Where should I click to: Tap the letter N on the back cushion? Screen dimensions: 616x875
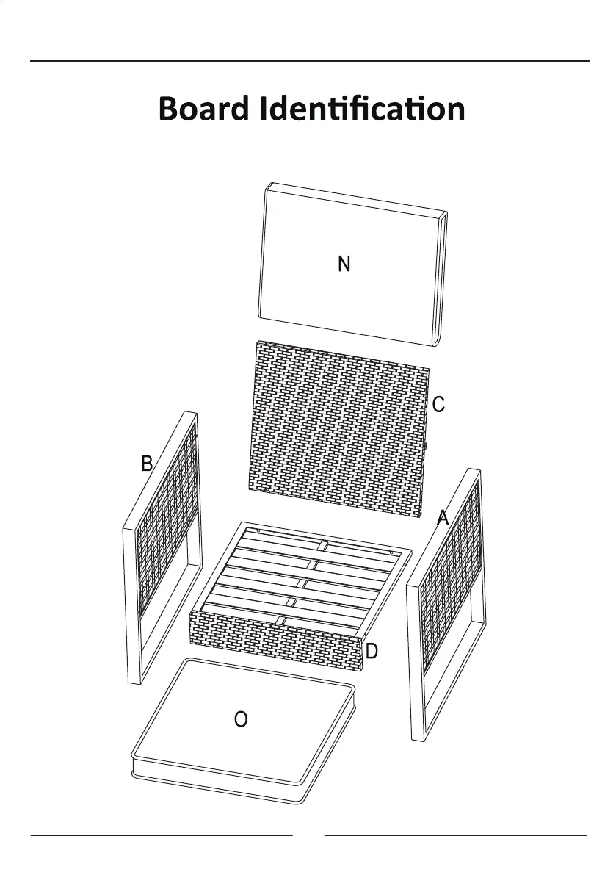(x=344, y=264)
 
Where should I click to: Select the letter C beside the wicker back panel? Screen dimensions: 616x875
(x=438, y=405)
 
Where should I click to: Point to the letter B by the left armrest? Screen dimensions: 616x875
(x=147, y=464)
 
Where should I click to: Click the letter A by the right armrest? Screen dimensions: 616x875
(x=442, y=519)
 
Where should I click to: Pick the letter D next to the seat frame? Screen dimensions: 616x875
(x=372, y=651)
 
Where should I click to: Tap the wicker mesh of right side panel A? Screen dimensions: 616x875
(x=449, y=580)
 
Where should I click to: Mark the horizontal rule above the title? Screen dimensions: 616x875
(x=308, y=61)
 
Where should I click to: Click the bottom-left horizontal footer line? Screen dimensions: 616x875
(x=162, y=835)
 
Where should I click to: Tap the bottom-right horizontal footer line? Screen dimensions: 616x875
(x=455, y=835)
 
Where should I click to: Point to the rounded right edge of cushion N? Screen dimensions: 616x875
(x=442, y=279)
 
